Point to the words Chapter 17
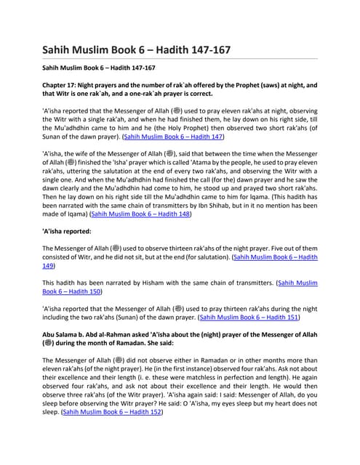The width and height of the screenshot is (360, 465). tap(60, 85)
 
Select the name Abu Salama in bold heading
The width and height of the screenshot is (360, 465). tap(63, 336)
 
